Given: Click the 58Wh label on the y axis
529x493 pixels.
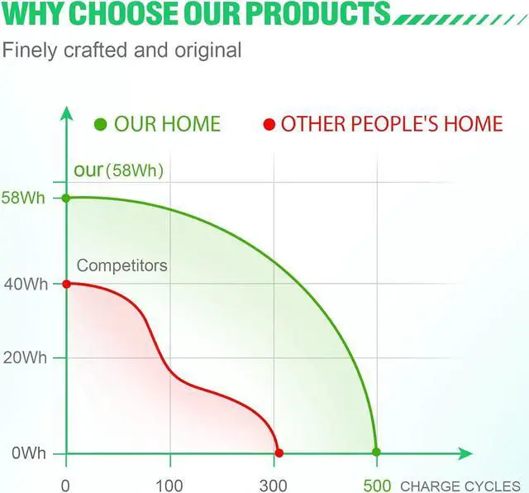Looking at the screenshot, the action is pyautogui.click(x=23, y=198).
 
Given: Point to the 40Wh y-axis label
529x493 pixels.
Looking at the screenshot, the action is pyautogui.click(x=26, y=285).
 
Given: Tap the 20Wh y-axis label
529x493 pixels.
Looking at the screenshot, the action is pyautogui.click(x=25, y=357).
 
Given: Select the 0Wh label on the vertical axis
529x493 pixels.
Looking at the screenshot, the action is pyautogui.click(x=29, y=452).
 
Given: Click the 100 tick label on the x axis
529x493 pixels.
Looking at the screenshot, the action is pyautogui.click(x=169, y=486).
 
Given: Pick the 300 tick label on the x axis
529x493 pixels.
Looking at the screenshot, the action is pyautogui.click(x=274, y=486).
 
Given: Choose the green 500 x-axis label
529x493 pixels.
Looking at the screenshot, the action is pyautogui.click(x=377, y=486).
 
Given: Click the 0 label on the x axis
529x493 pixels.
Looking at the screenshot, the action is pyautogui.click(x=65, y=486).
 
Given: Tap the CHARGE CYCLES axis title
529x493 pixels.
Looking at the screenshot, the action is pyautogui.click(x=460, y=486).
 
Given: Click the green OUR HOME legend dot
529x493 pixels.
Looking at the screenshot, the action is pyautogui.click(x=101, y=124).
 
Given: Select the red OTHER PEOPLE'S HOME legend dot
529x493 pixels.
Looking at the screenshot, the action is pyautogui.click(x=269, y=124).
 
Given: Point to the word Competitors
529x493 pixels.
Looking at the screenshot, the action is pyautogui.click(x=122, y=266).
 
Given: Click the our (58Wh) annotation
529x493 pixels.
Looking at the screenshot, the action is pyautogui.click(x=119, y=170).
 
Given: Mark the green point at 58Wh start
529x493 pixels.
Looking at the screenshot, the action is pyautogui.click(x=66, y=199).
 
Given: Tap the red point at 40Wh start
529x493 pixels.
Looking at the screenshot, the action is pyautogui.click(x=66, y=284).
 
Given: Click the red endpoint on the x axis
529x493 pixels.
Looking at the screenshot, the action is pyautogui.click(x=279, y=452).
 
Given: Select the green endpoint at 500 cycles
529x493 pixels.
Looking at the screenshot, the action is pyautogui.click(x=377, y=452).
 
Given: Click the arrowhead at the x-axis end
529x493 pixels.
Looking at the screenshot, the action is pyautogui.click(x=465, y=453).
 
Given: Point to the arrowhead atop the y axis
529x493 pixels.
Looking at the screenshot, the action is pyautogui.click(x=66, y=113).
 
